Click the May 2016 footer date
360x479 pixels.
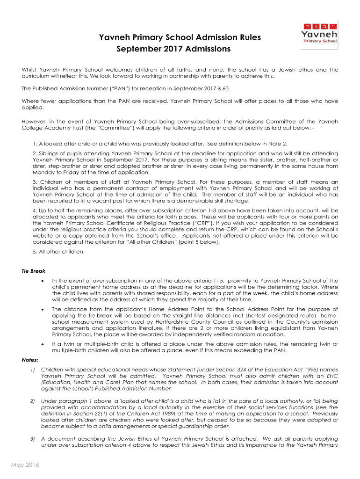coord(25,464)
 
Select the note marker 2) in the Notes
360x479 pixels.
coord(33,401)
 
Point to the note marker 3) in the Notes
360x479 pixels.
coord(33,439)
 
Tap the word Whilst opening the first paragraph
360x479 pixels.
coord(31,70)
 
